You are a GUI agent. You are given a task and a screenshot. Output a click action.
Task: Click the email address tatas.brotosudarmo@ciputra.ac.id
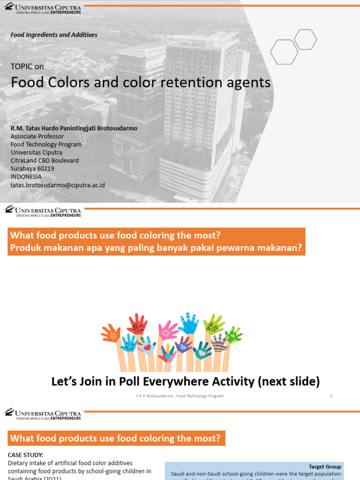point(58,185)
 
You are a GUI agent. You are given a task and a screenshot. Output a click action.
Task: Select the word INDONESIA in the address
point(26,177)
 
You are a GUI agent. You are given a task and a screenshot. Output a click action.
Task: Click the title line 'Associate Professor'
point(37,136)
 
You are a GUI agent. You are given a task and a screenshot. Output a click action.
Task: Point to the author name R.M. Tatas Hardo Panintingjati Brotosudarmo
point(74,127)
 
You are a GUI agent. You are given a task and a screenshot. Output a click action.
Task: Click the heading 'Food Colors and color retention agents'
point(141,82)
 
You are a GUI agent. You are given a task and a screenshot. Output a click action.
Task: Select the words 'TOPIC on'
point(27,67)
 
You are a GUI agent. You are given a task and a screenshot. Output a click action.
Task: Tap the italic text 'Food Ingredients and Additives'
point(54,35)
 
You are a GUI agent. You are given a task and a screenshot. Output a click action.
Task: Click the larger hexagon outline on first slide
point(285,52)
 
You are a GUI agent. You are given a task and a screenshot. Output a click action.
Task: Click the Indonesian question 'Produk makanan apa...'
point(156,248)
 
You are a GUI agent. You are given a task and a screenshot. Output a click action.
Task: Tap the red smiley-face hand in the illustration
point(137,324)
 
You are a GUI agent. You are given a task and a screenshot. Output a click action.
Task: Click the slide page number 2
point(331,396)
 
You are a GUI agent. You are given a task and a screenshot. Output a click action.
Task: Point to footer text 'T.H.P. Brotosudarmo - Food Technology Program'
point(180,396)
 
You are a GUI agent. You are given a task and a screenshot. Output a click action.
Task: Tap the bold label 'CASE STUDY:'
point(25,455)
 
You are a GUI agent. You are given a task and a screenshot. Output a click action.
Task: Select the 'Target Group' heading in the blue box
point(324,467)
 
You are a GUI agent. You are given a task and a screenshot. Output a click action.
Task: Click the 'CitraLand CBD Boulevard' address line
point(45,161)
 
